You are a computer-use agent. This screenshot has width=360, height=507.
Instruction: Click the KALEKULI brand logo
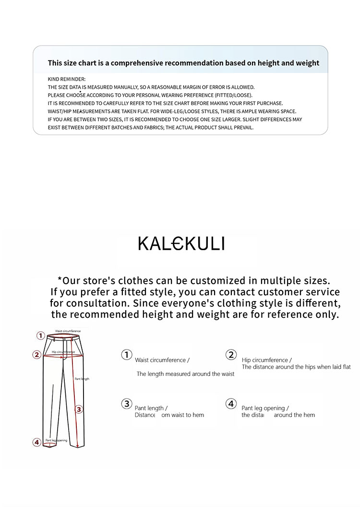coord(181,244)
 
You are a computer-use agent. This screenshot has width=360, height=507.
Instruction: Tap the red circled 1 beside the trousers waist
coord(41,336)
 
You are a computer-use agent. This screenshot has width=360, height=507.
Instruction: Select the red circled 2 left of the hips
coord(36,355)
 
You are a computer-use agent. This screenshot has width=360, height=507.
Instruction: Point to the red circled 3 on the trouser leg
coord(79,410)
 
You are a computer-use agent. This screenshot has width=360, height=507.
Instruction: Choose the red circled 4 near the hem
coord(36,442)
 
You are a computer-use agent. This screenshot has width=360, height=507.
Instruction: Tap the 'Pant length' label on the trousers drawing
coord(82,379)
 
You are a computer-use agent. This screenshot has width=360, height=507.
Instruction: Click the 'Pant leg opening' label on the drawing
coord(56,440)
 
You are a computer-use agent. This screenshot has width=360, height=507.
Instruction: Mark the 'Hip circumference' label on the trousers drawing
coord(63,352)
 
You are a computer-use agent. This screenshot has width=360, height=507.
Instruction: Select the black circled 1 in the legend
coord(126,355)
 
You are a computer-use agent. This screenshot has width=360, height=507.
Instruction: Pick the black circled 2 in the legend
coord(231,355)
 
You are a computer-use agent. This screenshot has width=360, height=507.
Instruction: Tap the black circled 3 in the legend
coord(126,403)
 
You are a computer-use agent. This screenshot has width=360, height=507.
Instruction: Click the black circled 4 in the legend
coord(231,403)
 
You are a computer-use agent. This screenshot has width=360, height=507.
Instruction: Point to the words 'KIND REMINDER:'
coord(67,79)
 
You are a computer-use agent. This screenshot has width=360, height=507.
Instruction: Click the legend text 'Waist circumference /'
coord(162,360)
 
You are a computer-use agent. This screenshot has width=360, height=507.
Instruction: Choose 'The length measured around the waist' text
coord(185,374)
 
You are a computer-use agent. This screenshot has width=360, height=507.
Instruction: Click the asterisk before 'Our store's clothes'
coord(60,279)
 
